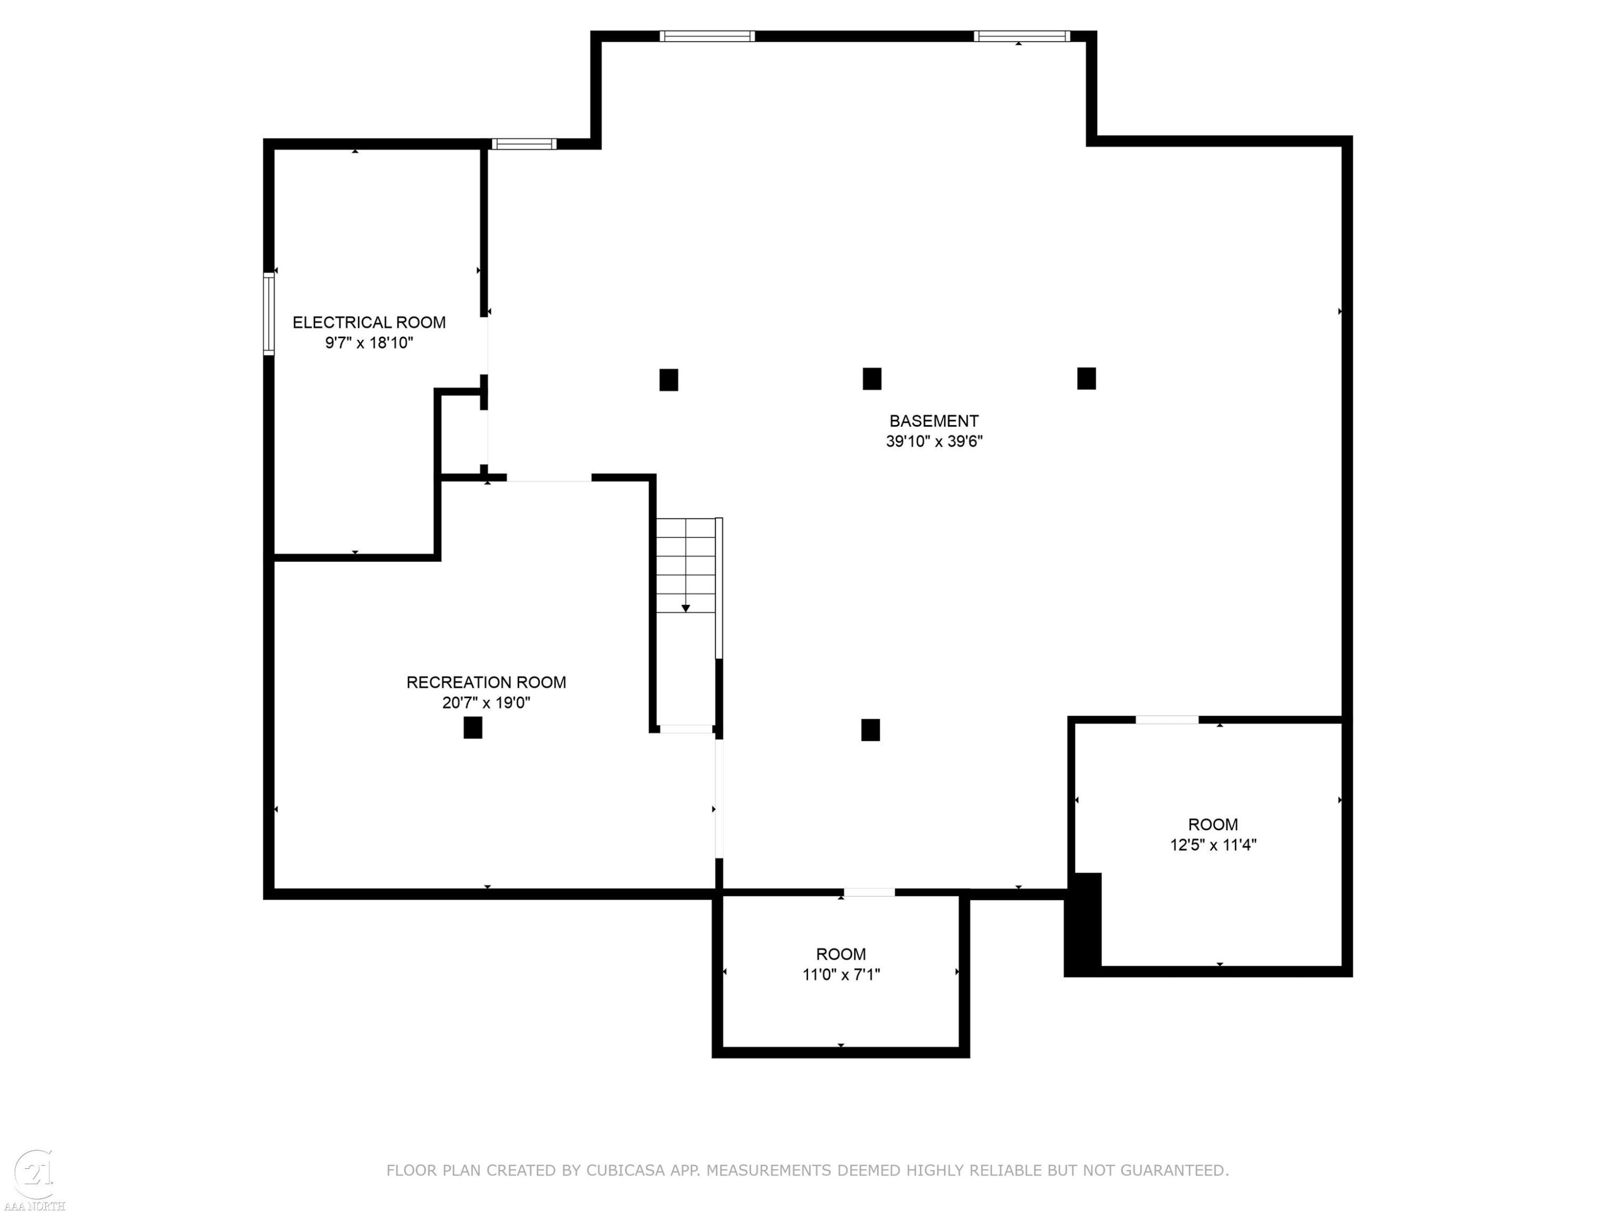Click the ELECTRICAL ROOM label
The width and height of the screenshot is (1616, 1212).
coord(369,322)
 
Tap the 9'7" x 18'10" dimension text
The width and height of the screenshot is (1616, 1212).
coord(369,343)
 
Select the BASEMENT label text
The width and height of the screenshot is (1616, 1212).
coord(934,421)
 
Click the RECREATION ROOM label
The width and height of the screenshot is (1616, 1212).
coord(486,682)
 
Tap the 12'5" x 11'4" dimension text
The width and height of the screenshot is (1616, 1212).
coord(1213,845)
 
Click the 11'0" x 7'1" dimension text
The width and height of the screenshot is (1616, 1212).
coord(841,974)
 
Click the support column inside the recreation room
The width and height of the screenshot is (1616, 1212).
coord(472,728)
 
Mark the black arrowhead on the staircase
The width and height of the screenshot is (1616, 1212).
coord(685,608)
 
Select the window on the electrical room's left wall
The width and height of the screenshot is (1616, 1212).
coord(269,314)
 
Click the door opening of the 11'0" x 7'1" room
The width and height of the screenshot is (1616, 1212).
coord(869,892)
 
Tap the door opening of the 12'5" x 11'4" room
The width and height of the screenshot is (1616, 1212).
coord(1167,720)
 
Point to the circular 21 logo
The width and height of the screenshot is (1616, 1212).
coord(33,1173)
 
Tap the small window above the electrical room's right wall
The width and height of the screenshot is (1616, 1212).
coord(524,144)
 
